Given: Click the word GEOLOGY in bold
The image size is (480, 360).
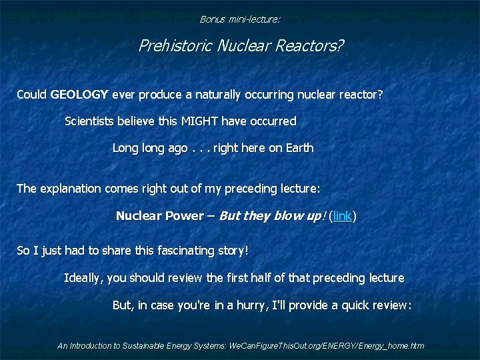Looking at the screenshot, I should [x=79, y=95].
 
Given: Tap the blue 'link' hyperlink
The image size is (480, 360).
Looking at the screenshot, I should [x=343, y=216].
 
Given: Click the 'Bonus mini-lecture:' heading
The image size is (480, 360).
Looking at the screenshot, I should [x=240, y=19].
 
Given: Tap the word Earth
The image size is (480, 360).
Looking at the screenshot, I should [x=299, y=148].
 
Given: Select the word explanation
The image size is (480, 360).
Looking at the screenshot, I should [x=73, y=189].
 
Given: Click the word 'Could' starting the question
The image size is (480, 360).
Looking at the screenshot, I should [x=31, y=95].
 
